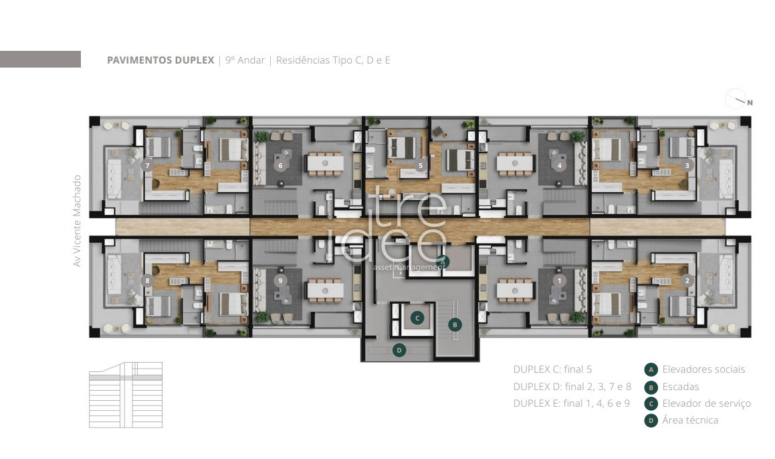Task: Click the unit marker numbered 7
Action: pos(147,165)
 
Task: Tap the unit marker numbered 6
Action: pos(280,165)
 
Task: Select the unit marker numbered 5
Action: pos(421,165)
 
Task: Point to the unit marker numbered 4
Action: pos(560,165)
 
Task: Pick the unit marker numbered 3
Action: pos(687,165)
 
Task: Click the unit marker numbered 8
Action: pos(147,280)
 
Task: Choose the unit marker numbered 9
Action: pos(280,280)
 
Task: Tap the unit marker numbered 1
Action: pos(560,280)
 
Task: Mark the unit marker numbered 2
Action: pos(687,280)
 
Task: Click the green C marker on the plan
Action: pos(417,318)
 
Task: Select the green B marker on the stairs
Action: pos(455,325)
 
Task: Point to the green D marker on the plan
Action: pos(399,350)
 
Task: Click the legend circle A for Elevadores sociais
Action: pos(651,369)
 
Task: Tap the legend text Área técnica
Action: pos(690,420)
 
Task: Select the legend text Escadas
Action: pos(681,386)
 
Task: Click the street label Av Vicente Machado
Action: pos(77,221)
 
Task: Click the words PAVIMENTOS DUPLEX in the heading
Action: pos(160,60)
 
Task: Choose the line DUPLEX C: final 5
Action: pos(552,369)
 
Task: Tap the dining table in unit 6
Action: pos(325,163)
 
